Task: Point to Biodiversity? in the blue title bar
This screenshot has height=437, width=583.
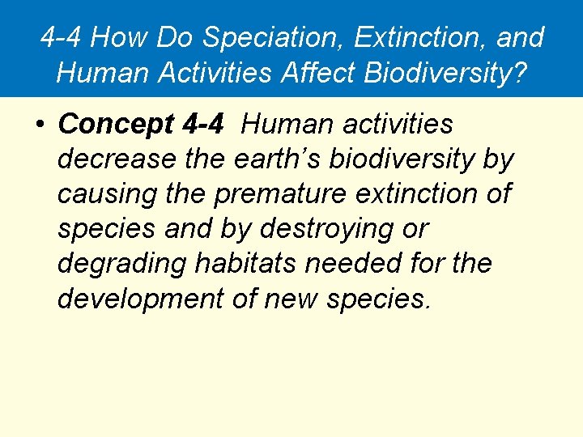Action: coord(445,72)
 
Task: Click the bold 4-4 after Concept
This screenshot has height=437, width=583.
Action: coord(203,125)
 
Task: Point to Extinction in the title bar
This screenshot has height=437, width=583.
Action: coord(417,37)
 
